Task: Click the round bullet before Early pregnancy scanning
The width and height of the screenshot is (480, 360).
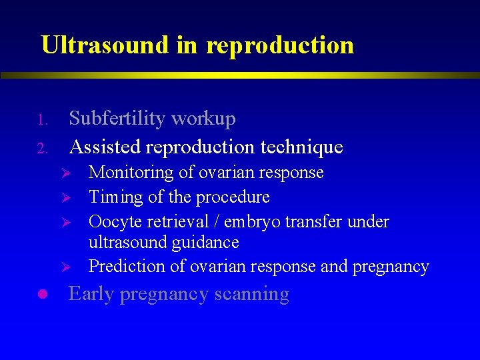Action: (x=41, y=294)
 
